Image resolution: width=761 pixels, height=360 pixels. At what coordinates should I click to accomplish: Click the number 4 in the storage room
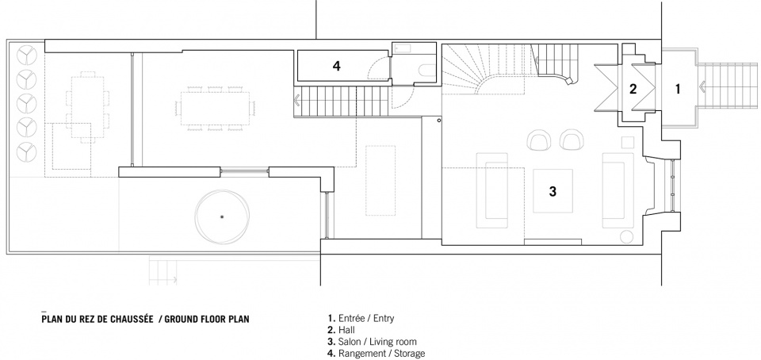336,66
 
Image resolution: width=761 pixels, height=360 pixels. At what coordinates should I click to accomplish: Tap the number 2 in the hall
633,89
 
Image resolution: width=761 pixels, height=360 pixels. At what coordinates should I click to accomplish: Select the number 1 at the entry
678,89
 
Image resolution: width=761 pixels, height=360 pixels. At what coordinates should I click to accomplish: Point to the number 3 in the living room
553,191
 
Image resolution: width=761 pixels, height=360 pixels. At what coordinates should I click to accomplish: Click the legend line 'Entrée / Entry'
361,319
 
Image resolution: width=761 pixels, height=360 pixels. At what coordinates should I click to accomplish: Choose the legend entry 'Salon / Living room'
373,342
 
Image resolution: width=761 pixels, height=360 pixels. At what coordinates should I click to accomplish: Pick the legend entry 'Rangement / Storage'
376,354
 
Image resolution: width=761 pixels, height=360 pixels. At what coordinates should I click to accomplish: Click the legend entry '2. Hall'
341,331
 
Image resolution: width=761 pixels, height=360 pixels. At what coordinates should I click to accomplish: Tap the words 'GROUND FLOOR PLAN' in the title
207,320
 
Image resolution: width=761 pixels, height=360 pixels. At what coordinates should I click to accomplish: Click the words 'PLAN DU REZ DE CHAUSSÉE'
98,319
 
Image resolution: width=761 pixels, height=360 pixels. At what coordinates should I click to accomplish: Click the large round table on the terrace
222,216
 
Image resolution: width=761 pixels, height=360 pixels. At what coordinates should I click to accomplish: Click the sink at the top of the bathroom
403,48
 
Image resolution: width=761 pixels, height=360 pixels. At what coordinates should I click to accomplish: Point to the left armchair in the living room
538,140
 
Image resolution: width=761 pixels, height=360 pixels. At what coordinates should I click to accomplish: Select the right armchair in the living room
572,140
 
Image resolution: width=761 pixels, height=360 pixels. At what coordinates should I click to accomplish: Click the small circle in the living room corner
626,237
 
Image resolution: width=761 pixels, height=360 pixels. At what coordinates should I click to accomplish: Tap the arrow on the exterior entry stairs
702,87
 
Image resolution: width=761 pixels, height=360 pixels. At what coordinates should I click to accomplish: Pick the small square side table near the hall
628,142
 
